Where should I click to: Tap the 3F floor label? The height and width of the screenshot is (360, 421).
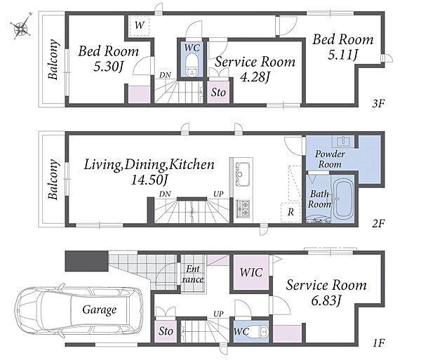click(379, 103)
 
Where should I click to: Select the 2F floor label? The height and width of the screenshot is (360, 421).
click(379, 223)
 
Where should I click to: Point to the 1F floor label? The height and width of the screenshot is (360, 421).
click(379, 343)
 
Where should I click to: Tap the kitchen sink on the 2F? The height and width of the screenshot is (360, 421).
click(243, 174)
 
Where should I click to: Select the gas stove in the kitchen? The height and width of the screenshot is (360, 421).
click(243, 209)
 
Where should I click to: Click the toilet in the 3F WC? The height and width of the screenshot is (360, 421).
click(192, 65)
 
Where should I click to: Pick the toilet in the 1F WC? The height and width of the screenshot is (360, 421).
click(258, 332)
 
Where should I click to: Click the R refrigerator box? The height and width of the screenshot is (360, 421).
click(290, 213)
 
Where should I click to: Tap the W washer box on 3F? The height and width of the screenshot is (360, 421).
click(140, 26)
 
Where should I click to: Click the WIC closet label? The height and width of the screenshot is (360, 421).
click(251, 272)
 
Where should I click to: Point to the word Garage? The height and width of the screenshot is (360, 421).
click(100, 310)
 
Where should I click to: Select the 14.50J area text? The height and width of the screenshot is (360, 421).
click(149, 180)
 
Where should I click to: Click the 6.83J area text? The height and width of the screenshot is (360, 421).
click(326, 300)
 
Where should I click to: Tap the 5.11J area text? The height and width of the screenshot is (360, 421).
click(343, 55)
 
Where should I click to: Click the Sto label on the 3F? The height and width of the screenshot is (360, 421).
click(218, 93)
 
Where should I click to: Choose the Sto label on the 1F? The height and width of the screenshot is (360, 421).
click(166, 331)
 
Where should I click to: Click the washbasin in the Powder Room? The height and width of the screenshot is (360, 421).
click(343, 141)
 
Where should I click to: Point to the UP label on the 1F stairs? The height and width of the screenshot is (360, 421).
click(218, 314)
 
